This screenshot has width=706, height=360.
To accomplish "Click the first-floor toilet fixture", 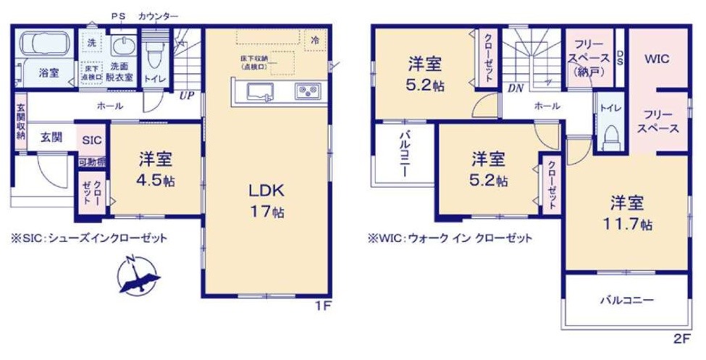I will [154, 54].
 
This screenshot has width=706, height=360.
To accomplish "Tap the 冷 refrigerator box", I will [315, 41].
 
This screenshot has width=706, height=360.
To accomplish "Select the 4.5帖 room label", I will [156, 168].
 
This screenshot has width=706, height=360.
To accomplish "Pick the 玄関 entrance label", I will [50, 136].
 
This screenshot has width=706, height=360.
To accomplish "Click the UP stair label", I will [186, 94].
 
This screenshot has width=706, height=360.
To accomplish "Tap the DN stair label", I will [516, 88].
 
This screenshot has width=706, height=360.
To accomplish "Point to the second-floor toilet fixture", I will [610, 135].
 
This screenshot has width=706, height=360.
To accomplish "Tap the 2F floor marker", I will [681, 338].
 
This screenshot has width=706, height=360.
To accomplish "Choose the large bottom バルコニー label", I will [626, 300].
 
